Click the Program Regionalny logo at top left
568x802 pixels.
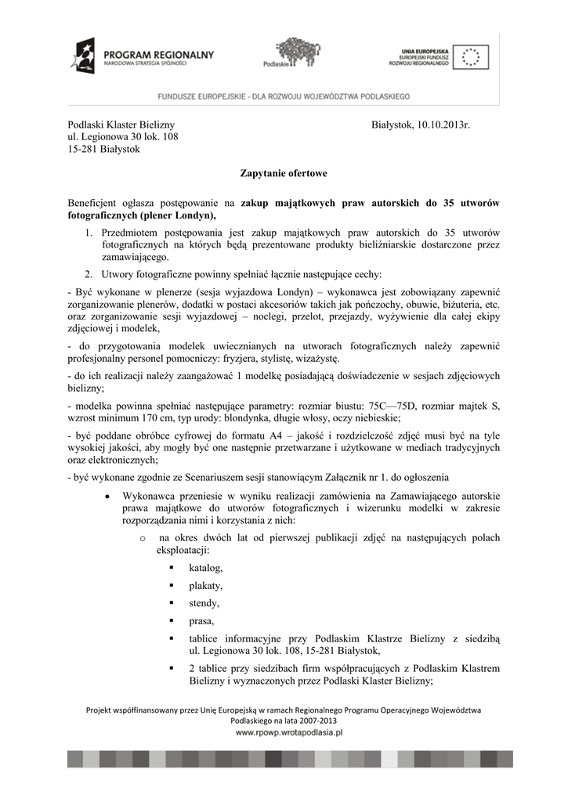click(141, 56)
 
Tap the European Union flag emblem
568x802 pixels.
click(470, 57)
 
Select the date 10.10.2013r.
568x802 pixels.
click(443, 125)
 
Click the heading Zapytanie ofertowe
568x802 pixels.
click(284, 173)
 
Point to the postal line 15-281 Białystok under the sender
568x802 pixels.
click(103, 150)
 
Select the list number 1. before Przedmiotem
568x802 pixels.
click(89, 233)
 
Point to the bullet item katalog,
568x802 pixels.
click(206, 568)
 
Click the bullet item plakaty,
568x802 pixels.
click(206, 586)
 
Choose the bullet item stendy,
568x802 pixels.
click(204, 604)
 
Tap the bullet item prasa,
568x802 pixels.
click(201, 622)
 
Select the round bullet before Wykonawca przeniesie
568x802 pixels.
click(106, 497)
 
